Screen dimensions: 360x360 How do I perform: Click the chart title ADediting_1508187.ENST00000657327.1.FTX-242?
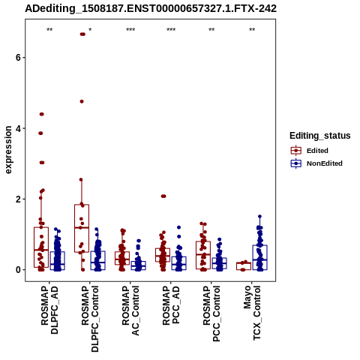click(x=151, y=8)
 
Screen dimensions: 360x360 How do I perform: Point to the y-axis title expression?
click(x=8, y=150)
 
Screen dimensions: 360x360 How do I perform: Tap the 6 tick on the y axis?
click(x=18, y=58)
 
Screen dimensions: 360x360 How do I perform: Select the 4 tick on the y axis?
click(x=18, y=128)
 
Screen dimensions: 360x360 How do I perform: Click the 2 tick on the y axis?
click(x=18, y=199)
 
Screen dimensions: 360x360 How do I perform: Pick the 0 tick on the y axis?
click(x=18, y=270)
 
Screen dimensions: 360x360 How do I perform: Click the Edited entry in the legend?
click(x=317, y=151)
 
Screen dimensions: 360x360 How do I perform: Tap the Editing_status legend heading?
click(x=320, y=136)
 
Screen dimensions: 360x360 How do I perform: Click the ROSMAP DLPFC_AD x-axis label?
click(x=49, y=310)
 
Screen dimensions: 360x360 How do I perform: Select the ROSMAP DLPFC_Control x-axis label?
click(x=90, y=319)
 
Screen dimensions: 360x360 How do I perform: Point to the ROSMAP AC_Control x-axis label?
click(x=130, y=310)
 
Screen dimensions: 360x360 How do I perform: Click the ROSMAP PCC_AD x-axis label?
click(x=171, y=305)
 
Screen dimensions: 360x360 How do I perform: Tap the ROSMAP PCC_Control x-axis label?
click(x=211, y=313)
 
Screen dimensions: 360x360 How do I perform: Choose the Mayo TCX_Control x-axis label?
click(x=252, y=313)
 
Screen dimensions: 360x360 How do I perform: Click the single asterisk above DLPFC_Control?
click(x=90, y=30)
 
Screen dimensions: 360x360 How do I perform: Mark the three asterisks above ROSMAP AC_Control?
click(x=130, y=30)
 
